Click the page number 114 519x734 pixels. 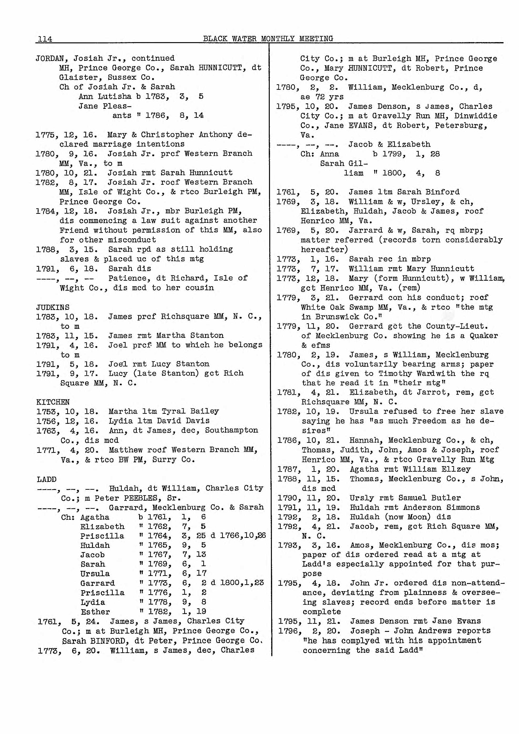[x=45, y=39]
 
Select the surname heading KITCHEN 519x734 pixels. [x=53, y=402]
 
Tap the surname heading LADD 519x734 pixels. [x=47, y=479]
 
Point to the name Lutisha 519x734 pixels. [x=114, y=97]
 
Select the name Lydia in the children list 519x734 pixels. [x=93, y=602]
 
